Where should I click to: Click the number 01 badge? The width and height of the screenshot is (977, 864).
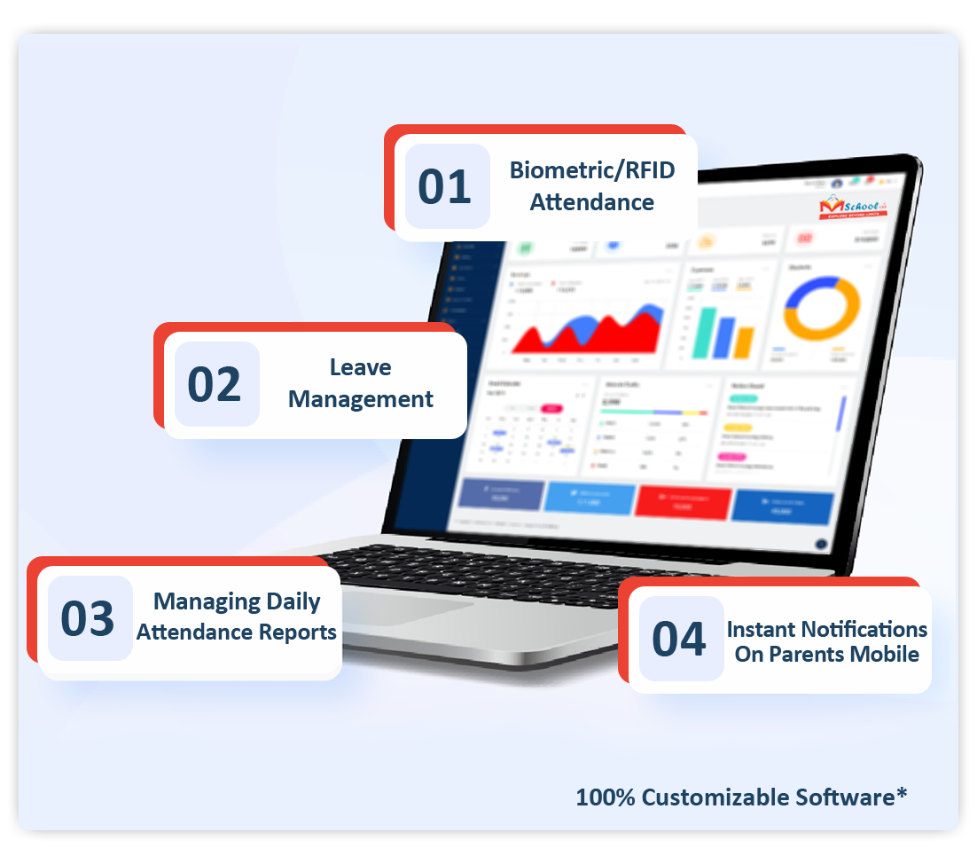tap(446, 186)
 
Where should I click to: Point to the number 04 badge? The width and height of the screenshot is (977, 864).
tap(680, 639)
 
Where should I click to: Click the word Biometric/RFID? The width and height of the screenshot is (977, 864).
tap(592, 170)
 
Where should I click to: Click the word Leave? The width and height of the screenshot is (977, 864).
tap(360, 367)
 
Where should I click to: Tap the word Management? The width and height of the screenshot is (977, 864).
tap(360, 399)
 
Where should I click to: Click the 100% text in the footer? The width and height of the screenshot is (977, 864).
tap(606, 797)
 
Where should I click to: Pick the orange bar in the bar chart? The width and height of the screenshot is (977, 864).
tap(745, 342)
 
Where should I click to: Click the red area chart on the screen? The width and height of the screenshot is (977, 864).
tap(585, 333)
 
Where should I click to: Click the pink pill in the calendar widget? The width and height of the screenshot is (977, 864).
tap(551, 409)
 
